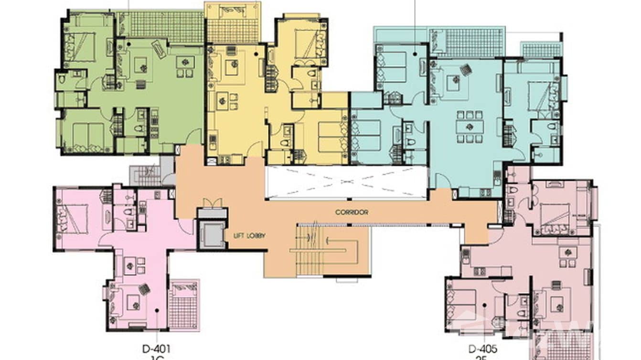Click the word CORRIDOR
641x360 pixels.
pyautogui.click(x=352, y=212)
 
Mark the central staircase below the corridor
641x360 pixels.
pyautogui.click(x=325, y=250)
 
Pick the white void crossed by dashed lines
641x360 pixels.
pyautogui.click(x=346, y=182)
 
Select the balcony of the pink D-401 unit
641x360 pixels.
pyautogui.click(x=184, y=306)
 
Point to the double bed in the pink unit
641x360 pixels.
pyautogui.click(x=73, y=219)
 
